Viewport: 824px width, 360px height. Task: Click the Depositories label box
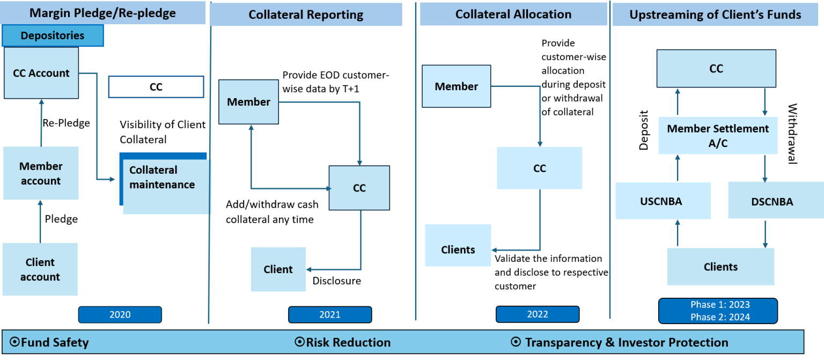pos(53,36)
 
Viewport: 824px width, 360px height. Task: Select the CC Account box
pos(41,73)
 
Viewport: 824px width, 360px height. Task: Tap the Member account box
pos(41,173)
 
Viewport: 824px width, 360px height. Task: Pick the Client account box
pos(40,269)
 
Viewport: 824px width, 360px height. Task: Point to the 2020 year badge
pos(120,315)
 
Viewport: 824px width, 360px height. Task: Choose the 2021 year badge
pos(329,315)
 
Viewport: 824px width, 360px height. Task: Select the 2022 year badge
pos(537,314)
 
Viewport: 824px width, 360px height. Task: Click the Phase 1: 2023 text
pos(717,305)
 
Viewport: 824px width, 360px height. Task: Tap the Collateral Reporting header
pos(306,14)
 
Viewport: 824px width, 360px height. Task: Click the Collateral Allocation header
pos(513,14)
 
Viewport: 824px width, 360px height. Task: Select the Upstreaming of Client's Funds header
pos(715,14)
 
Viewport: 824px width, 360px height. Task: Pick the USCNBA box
pos(663,201)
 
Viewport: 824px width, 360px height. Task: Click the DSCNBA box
pos(772,201)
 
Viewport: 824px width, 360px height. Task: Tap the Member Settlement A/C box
pos(718,136)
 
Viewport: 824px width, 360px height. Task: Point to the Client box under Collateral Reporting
pos(278,269)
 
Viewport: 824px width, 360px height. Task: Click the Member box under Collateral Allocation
pos(456,86)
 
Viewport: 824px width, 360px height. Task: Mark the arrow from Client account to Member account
pos(40,221)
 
